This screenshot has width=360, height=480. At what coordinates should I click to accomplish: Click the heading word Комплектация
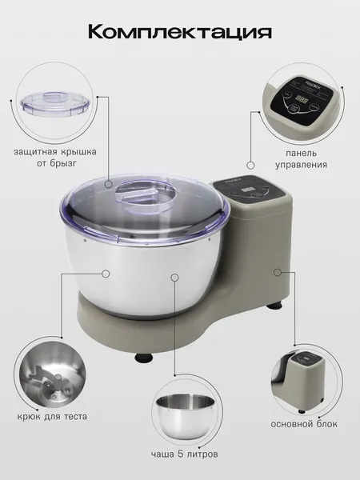180,32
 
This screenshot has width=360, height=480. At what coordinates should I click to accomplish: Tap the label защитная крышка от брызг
55,158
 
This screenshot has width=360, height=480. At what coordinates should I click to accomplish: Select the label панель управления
302,159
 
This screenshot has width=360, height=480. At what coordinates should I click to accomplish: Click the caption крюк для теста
52,416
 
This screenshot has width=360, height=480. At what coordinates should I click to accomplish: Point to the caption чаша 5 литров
185,454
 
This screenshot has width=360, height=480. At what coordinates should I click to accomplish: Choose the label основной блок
304,424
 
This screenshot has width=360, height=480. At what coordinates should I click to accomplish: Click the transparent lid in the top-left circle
55,104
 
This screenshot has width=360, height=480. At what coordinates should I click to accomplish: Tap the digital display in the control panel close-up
302,100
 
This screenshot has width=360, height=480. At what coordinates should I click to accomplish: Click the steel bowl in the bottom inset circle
185,415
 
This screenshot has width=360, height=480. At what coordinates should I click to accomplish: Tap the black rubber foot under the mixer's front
144,358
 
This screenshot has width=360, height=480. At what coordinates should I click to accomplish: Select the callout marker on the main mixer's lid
108,184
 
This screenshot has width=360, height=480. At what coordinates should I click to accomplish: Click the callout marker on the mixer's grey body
278,272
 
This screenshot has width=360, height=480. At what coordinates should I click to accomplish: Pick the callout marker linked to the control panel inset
250,166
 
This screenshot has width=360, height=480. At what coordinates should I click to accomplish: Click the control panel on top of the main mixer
249,188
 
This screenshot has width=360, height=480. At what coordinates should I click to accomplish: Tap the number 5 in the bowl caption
180,454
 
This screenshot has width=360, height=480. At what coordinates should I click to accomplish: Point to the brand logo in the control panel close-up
312,83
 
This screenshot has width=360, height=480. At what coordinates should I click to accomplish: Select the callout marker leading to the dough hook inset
106,274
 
